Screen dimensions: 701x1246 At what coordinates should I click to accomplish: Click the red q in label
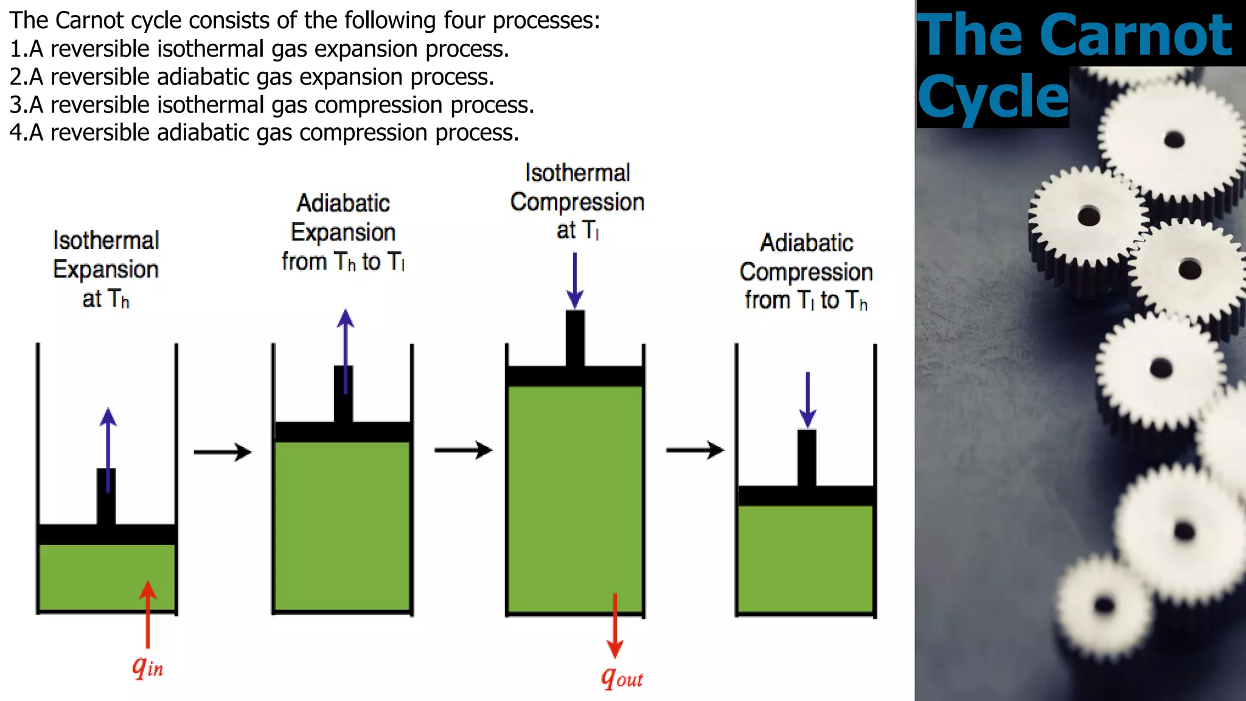click(148, 668)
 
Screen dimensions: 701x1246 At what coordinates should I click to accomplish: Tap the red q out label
click(621, 677)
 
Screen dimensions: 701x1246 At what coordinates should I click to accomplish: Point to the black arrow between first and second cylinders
click(223, 452)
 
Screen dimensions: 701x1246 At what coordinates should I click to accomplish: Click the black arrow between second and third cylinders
click(463, 450)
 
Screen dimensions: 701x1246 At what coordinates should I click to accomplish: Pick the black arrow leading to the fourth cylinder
click(695, 450)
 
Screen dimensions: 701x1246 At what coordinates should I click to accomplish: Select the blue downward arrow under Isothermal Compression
click(575, 280)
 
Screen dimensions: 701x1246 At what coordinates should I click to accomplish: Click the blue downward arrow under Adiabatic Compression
click(807, 399)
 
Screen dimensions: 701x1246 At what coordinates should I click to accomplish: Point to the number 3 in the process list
click(15, 105)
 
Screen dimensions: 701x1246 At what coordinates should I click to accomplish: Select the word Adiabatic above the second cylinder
click(343, 203)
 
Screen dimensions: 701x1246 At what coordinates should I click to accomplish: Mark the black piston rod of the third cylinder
click(575, 338)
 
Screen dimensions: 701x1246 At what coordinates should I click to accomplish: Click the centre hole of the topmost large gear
click(1174, 140)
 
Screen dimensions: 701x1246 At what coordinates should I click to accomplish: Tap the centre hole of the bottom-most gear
click(1104, 605)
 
